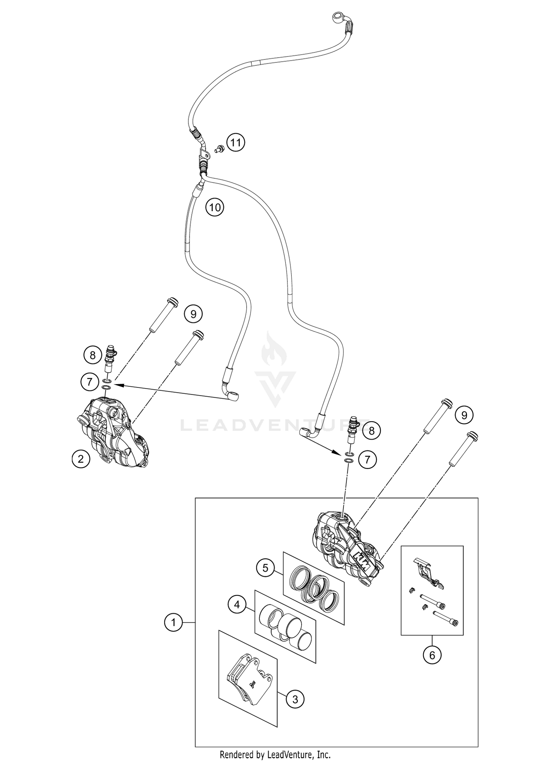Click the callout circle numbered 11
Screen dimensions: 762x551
point(235,142)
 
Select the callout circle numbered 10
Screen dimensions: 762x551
point(215,207)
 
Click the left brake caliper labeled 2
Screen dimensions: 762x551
point(114,433)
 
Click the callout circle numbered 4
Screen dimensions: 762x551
point(237,604)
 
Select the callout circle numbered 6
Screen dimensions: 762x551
point(432,655)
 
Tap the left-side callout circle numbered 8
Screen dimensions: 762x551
point(93,355)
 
